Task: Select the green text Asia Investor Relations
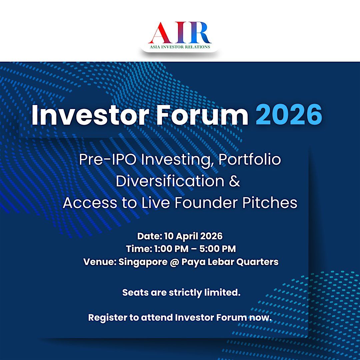coord(180,47)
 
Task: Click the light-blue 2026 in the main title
coord(289,114)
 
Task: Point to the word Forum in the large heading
coord(202,114)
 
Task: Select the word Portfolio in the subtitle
coord(250,159)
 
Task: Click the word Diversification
coord(170,181)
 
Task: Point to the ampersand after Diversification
coord(234,181)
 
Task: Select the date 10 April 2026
coord(193,236)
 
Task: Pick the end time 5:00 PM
coord(217,249)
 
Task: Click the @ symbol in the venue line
coord(174,262)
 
